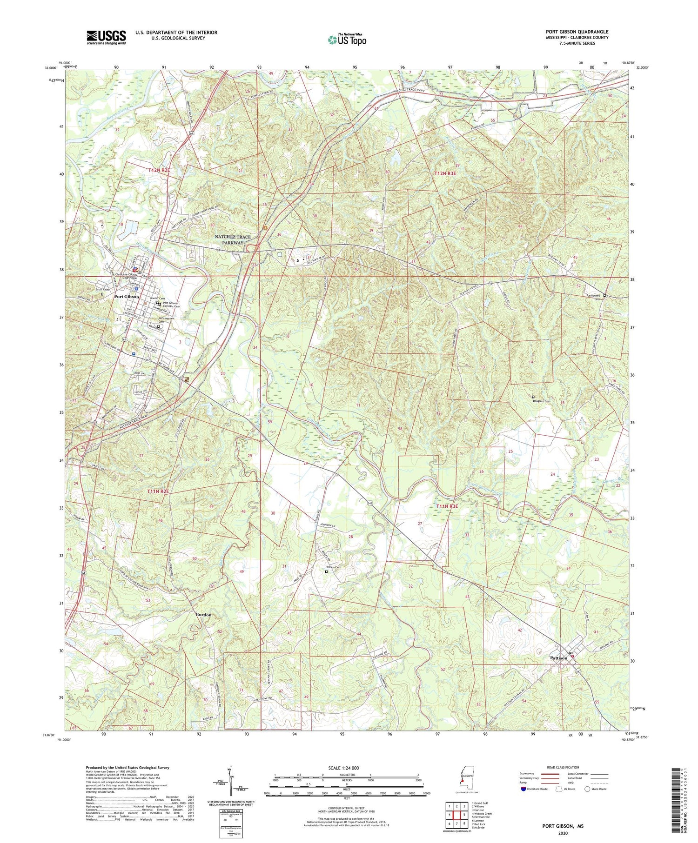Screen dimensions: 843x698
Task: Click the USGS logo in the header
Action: pos(106,37)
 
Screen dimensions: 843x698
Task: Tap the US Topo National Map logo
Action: pos(347,40)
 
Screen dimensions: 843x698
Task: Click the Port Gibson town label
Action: pos(126,296)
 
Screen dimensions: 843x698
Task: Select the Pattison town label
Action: pos(558,658)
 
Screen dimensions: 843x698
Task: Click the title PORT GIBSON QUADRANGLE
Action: pos(577,32)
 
